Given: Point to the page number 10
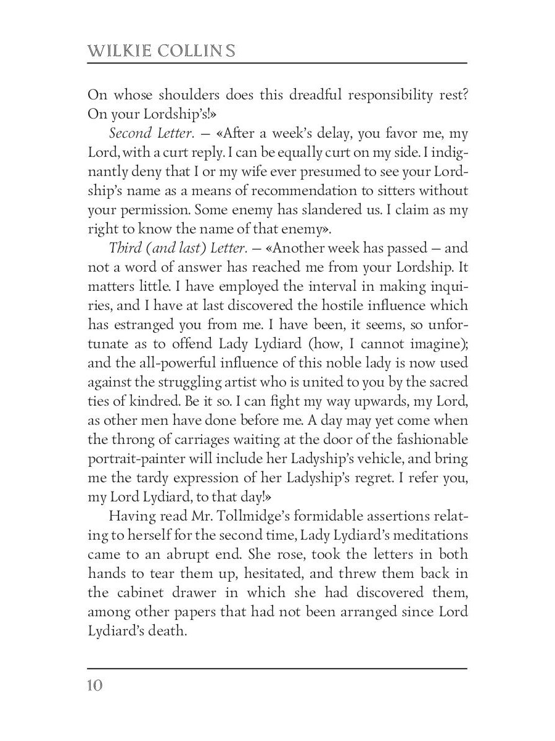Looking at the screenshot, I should pos(96,686).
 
